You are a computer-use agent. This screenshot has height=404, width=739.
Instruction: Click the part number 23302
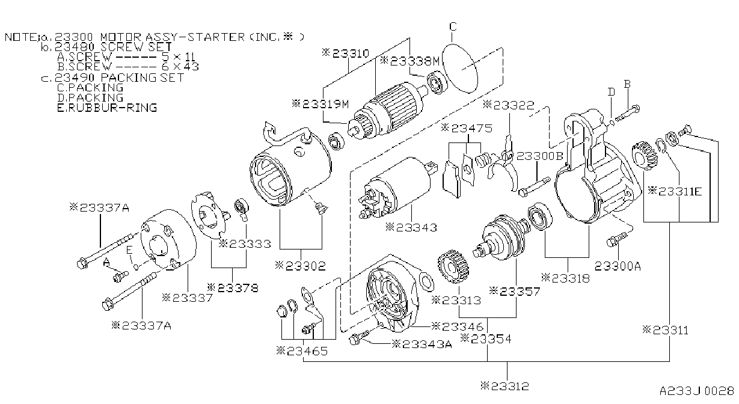coord(301,266)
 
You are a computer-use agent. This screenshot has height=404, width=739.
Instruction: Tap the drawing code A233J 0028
coord(697,391)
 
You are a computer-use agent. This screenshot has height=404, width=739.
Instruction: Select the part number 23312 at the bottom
coord(504,386)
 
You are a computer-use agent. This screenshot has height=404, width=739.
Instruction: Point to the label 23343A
coord(422,344)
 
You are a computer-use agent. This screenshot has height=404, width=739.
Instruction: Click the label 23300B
coord(540,156)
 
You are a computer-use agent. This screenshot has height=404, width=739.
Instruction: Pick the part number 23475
coord(467,128)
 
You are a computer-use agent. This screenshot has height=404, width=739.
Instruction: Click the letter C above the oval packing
coord(453,26)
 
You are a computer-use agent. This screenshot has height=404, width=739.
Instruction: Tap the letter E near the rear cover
coord(129,250)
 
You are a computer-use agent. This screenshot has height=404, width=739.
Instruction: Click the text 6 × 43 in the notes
coord(180,67)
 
